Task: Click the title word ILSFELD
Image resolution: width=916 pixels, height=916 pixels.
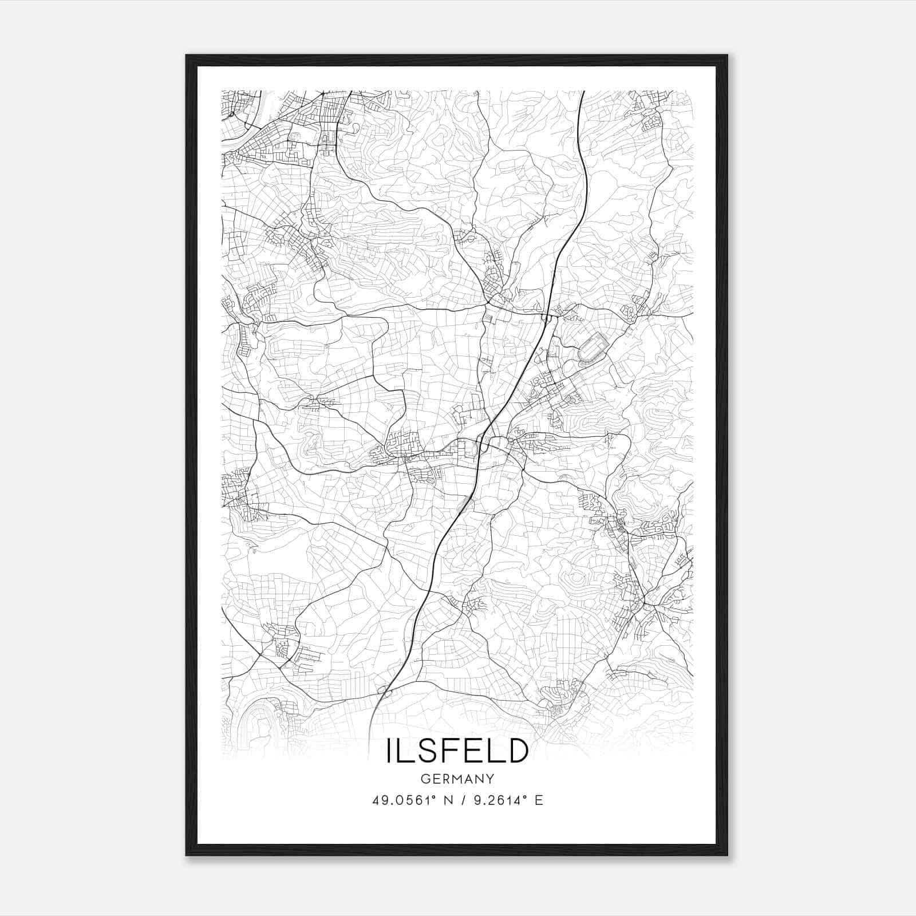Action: click(x=457, y=751)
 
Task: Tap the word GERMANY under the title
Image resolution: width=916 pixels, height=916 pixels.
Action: click(x=457, y=779)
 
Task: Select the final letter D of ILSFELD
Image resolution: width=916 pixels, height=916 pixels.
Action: click(x=515, y=751)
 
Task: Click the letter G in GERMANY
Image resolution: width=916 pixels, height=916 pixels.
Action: click(x=424, y=779)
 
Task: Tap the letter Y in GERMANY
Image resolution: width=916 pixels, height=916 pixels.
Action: click(x=490, y=779)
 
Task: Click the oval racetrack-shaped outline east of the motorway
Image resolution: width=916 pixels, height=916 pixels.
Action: click(x=593, y=347)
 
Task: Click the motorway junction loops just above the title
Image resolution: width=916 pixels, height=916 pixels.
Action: click(x=384, y=694)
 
